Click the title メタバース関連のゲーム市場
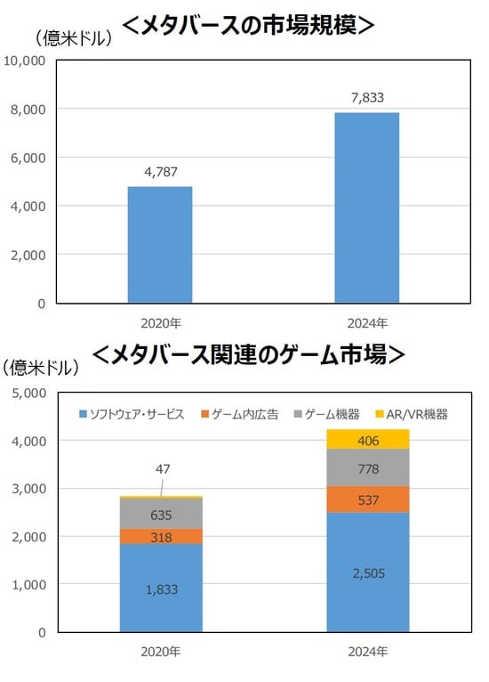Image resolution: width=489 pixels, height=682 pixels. coord(248,354)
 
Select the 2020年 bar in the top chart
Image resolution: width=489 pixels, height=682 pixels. coord(160,245)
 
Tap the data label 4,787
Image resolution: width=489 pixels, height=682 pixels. coord(160,171)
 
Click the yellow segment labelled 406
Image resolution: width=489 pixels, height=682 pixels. coord(367,439)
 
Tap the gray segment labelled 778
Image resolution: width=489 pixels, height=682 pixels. coord(367,467)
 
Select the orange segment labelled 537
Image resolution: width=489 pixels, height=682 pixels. coord(367,499)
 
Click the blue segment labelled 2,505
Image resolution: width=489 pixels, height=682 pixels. coord(367,572)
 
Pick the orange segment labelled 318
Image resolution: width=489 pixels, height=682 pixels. coord(160,536)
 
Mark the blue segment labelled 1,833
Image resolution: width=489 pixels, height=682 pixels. coord(160,589)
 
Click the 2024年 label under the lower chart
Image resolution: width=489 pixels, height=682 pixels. coord(367,652)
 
